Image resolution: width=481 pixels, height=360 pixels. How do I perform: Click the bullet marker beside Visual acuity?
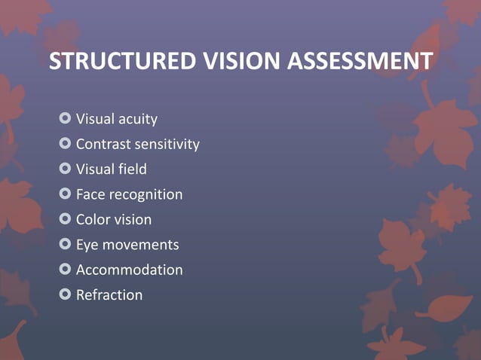pyautogui.click(x=65, y=118)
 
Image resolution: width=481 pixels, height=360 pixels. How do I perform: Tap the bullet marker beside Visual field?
pyautogui.click(x=65, y=169)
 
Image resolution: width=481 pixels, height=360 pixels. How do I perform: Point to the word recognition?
pyautogui.click(x=146, y=194)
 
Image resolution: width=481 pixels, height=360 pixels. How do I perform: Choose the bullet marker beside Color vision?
pyautogui.click(x=65, y=219)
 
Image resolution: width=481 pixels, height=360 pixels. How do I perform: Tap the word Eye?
pyautogui.click(x=87, y=245)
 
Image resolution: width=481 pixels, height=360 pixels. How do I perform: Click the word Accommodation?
pyautogui.click(x=129, y=270)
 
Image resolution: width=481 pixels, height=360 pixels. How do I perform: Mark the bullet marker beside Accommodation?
pyautogui.click(x=65, y=269)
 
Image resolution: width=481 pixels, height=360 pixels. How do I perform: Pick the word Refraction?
pyautogui.click(x=109, y=294)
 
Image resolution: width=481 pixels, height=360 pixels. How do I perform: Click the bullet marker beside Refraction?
pyautogui.click(x=65, y=294)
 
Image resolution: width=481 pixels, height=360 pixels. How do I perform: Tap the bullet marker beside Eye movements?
pyautogui.click(x=65, y=244)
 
